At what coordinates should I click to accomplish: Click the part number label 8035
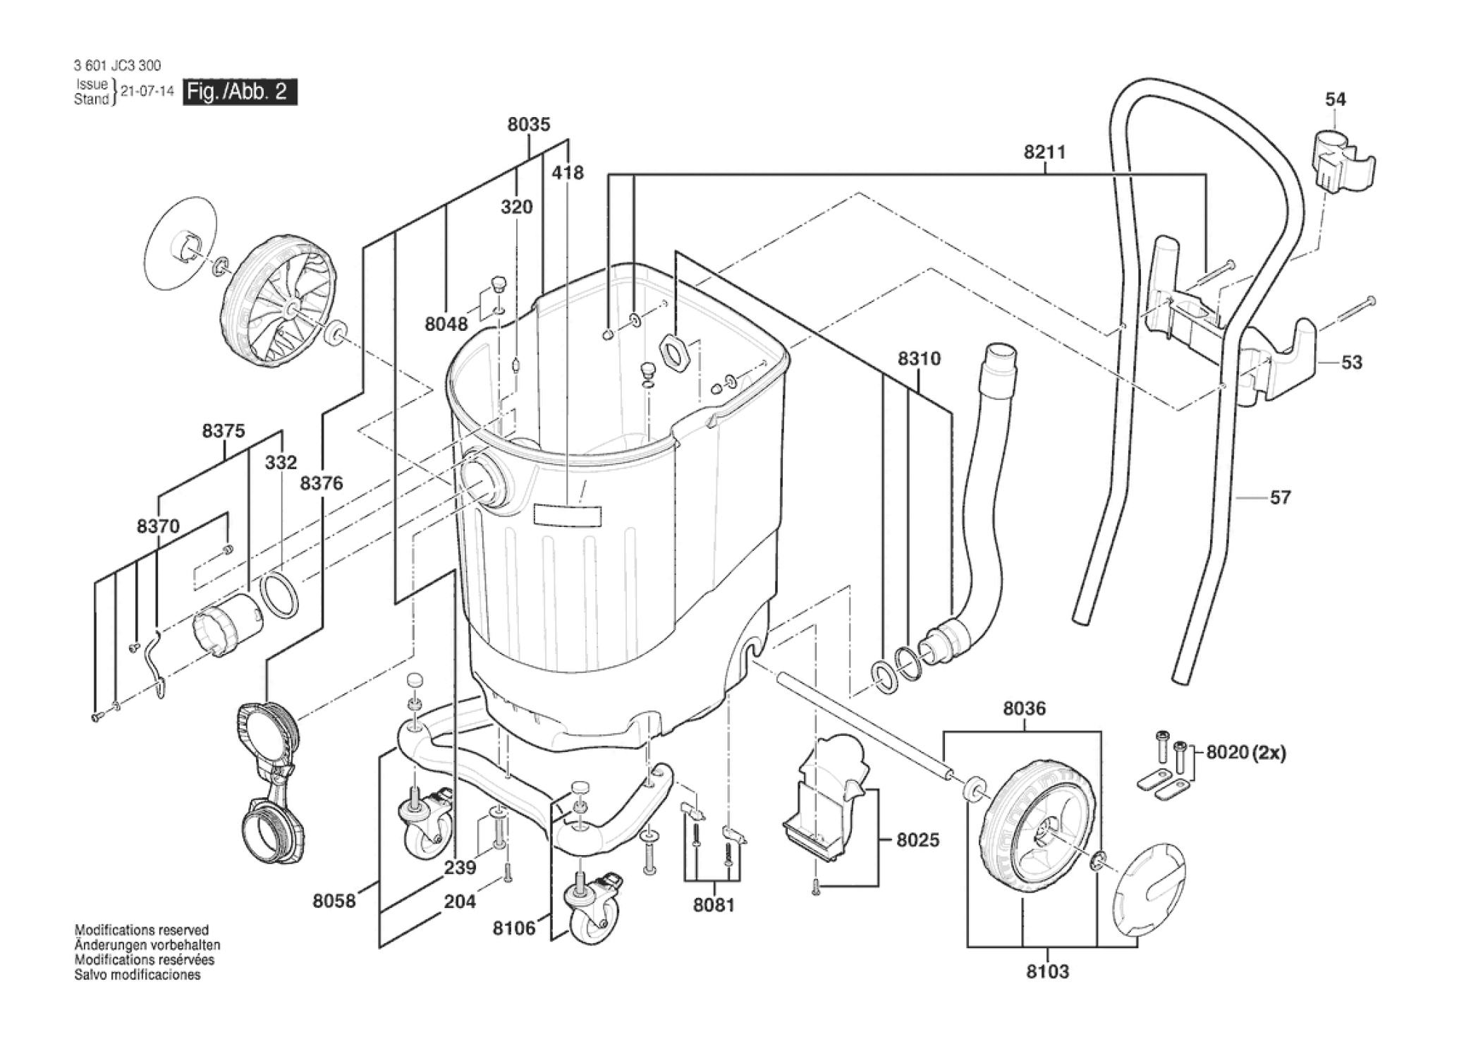tap(528, 125)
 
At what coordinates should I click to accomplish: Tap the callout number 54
tap(1335, 99)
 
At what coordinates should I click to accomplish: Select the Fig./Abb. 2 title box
tap(240, 92)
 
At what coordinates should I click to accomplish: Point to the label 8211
tap(1044, 152)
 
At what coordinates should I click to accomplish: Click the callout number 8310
tap(919, 359)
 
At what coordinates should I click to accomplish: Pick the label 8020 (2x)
tap(1246, 753)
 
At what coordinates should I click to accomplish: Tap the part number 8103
tap(1047, 971)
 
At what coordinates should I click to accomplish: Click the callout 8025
tap(918, 840)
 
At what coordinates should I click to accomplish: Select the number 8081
tap(714, 905)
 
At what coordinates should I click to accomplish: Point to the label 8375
tap(224, 431)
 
